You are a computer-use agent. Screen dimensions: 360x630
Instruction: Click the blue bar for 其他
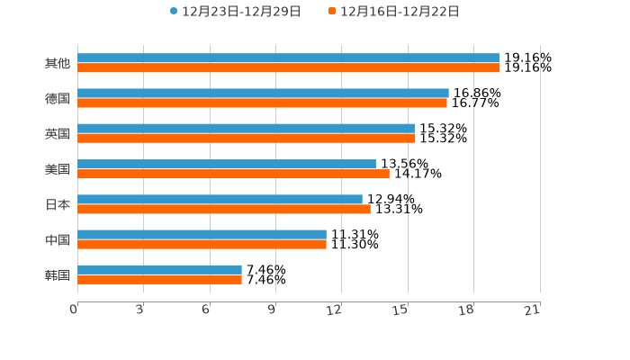(x=288, y=58)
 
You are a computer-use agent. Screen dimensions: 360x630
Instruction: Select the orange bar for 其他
(x=288, y=67)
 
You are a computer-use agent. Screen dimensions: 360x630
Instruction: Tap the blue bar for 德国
(x=263, y=93)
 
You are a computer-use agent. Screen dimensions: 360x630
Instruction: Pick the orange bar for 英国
(x=246, y=139)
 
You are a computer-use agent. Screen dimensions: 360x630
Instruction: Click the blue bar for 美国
(x=227, y=164)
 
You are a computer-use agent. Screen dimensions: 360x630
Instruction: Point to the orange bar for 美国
(x=233, y=174)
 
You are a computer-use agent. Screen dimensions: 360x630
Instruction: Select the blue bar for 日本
(x=220, y=199)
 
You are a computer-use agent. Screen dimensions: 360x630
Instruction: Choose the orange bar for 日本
(x=224, y=209)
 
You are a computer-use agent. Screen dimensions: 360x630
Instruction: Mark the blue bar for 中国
(x=202, y=234)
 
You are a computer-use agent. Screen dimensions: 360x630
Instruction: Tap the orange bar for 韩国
(x=159, y=279)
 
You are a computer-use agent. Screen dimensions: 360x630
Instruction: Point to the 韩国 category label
(x=57, y=274)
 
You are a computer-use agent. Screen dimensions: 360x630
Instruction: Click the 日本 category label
(x=57, y=204)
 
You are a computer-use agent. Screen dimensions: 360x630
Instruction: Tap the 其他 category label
(x=57, y=63)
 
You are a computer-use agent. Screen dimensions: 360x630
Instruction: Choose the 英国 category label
(x=57, y=134)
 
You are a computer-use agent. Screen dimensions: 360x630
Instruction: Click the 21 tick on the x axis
(x=532, y=310)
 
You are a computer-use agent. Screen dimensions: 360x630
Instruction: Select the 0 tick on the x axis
(x=75, y=310)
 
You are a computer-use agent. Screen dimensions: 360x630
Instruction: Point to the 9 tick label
(x=272, y=310)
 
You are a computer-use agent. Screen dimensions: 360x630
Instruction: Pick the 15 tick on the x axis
(x=400, y=310)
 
